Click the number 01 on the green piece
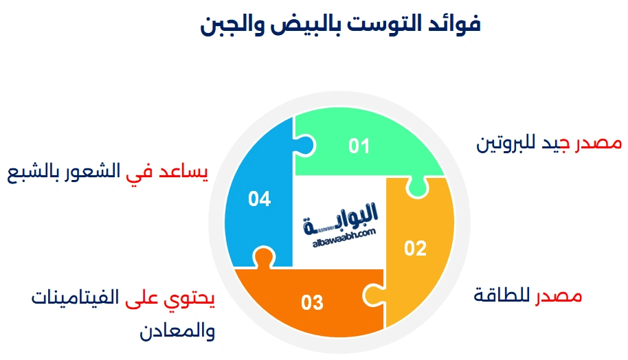[x=359, y=146]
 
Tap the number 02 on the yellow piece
[x=415, y=248]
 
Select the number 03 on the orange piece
[x=312, y=302]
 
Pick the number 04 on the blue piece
[x=260, y=199]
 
